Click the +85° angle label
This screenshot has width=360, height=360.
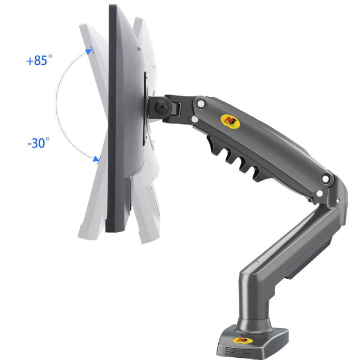pos(39,60)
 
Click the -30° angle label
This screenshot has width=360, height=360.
pos(39,143)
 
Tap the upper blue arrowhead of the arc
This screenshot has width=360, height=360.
pos(89,52)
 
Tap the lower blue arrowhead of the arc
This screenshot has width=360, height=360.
pos(97,159)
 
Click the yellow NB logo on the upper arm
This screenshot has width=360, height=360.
pos(231,122)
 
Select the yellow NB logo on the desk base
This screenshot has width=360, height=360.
pos(242,340)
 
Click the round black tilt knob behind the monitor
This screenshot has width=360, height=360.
pos(163,107)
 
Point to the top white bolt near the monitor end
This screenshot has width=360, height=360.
pos(201,104)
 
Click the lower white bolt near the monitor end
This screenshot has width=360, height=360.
pos(195,119)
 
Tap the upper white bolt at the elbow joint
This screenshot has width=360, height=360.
pos(325,179)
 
